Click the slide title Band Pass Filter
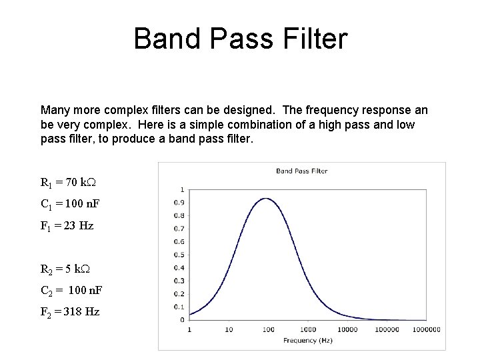[240, 39]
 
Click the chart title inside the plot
[302, 171]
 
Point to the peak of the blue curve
[266, 198]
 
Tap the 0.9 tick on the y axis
[180, 203]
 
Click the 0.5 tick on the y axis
[180, 255]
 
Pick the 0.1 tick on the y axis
[180, 307]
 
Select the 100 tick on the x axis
[269, 329]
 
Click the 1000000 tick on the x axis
[427, 329]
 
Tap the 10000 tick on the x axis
[347, 329]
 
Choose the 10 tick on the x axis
[229, 329]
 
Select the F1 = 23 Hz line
[67, 225]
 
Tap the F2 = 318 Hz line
[70, 311]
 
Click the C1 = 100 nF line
[70, 204]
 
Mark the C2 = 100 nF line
[71, 291]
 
